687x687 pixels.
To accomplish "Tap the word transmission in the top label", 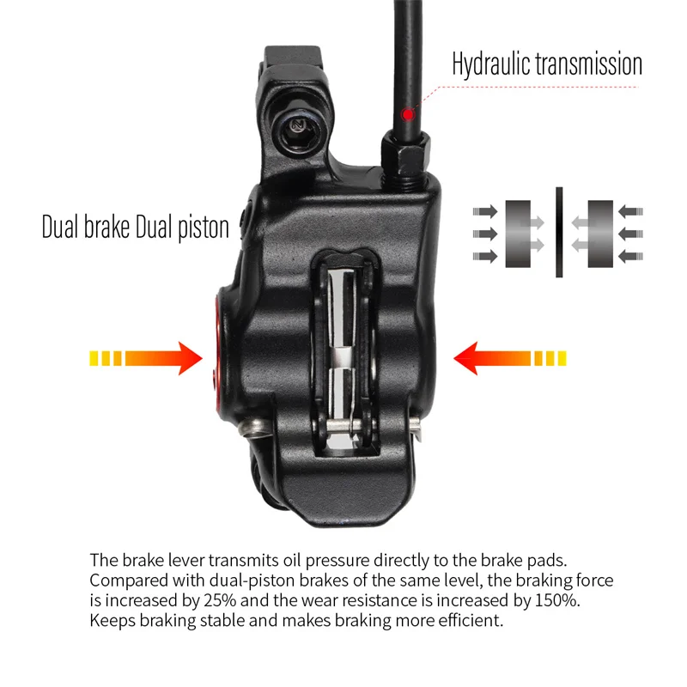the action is click(589, 64).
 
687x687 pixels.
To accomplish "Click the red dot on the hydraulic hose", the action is click(408, 115).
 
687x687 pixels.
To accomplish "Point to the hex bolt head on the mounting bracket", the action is click(300, 127).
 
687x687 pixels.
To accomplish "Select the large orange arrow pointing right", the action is click(146, 358).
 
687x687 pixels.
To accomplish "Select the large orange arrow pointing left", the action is click(510, 358).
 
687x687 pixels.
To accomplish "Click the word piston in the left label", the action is click(204, 228).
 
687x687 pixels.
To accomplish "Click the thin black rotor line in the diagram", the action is click(559, 232).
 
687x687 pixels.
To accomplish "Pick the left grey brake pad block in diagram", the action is click(518, 234).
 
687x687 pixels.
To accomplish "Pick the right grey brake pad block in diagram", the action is click(600, 234).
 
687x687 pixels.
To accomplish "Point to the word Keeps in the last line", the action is click(112, 621).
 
